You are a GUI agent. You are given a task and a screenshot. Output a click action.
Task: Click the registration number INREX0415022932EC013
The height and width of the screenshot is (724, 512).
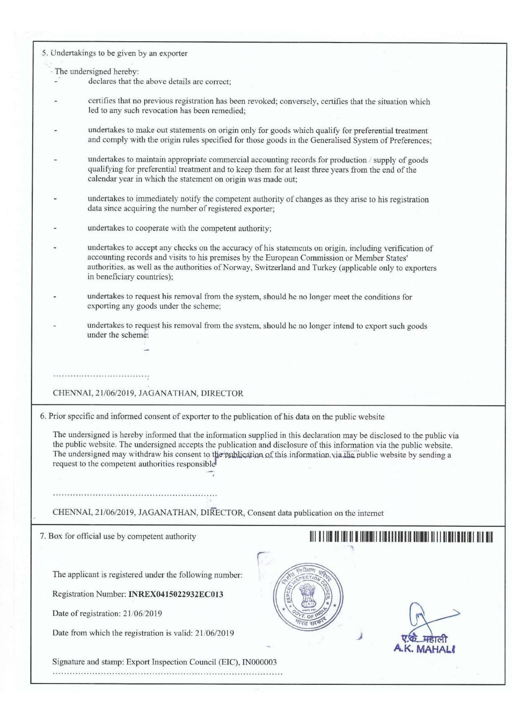pyautogui.click(x=176, y=594)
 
